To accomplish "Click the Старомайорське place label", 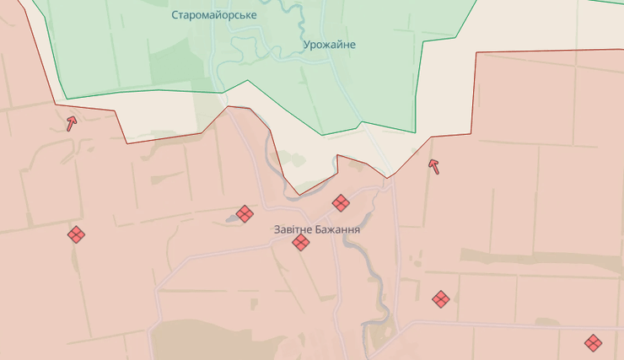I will pyautogui.click(x=214, y=15).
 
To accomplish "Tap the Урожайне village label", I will pyautogui.click(x=329, y=45).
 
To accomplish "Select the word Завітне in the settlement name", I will pyautogui.click(x=293, y=229).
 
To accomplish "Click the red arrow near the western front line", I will pyautogui.click(x=72, y=123).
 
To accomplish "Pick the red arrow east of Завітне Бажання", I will pyautogui.click(x=434, y=165).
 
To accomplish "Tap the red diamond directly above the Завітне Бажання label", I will pyautogui.click(x=341, y=203).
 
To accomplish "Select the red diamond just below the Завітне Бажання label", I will pyautogui.click(x=301, y=243).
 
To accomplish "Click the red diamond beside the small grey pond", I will pyautogui.click(x=245, y=214).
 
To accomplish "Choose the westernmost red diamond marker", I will pyautogui.click(x=76, y=234).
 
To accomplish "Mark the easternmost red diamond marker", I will pyautogui.click(x=594, y=342).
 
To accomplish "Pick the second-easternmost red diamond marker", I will pyautogui.click(x=440, y=298).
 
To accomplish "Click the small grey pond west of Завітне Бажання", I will pyautogui.click(x=232, y=219).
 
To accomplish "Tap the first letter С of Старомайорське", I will pyautogui.click(x=175, y=15).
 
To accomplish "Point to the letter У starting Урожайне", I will pyautogui.click(x=306, y=45).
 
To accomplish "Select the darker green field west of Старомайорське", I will pyautogui.click(x=173, y=59).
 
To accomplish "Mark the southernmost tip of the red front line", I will pyautogui.click(x=299, y=195).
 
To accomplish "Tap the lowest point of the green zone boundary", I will pyautogui.click(x=321, y=135).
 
